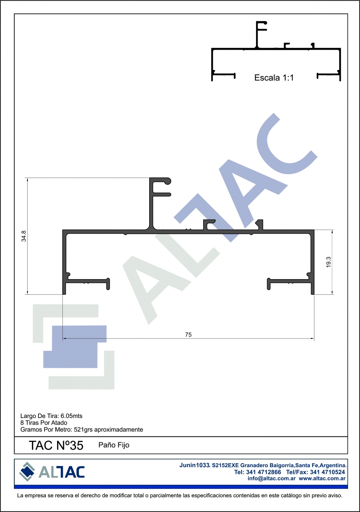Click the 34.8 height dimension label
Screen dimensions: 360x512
click(x=24, y=236)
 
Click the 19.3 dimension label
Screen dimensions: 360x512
click(x=328, y=262)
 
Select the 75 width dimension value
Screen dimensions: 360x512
click(x=188, y=335)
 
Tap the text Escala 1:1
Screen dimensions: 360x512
click(x=274, y=78)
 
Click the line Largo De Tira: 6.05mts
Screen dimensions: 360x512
click(x=51, y=416)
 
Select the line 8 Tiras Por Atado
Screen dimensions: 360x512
click(x=44, y=423)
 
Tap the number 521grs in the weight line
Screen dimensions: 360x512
click(x=83, y=430)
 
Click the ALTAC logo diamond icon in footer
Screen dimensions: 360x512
click(x=27, y=472)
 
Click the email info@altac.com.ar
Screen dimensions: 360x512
click(x=272, y=478)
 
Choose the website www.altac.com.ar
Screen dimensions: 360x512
click(x=322, y=478)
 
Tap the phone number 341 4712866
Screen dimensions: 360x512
click(x=264, y=472)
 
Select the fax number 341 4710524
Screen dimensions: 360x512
click(x=328, y=472)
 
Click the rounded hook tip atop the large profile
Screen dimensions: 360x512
click(x=168, y=181)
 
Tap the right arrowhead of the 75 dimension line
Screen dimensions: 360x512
click(x=312, y=338)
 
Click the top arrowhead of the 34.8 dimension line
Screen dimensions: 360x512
click(x=28, y=180)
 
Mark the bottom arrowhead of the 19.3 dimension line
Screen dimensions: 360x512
click(x=332, y=293)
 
